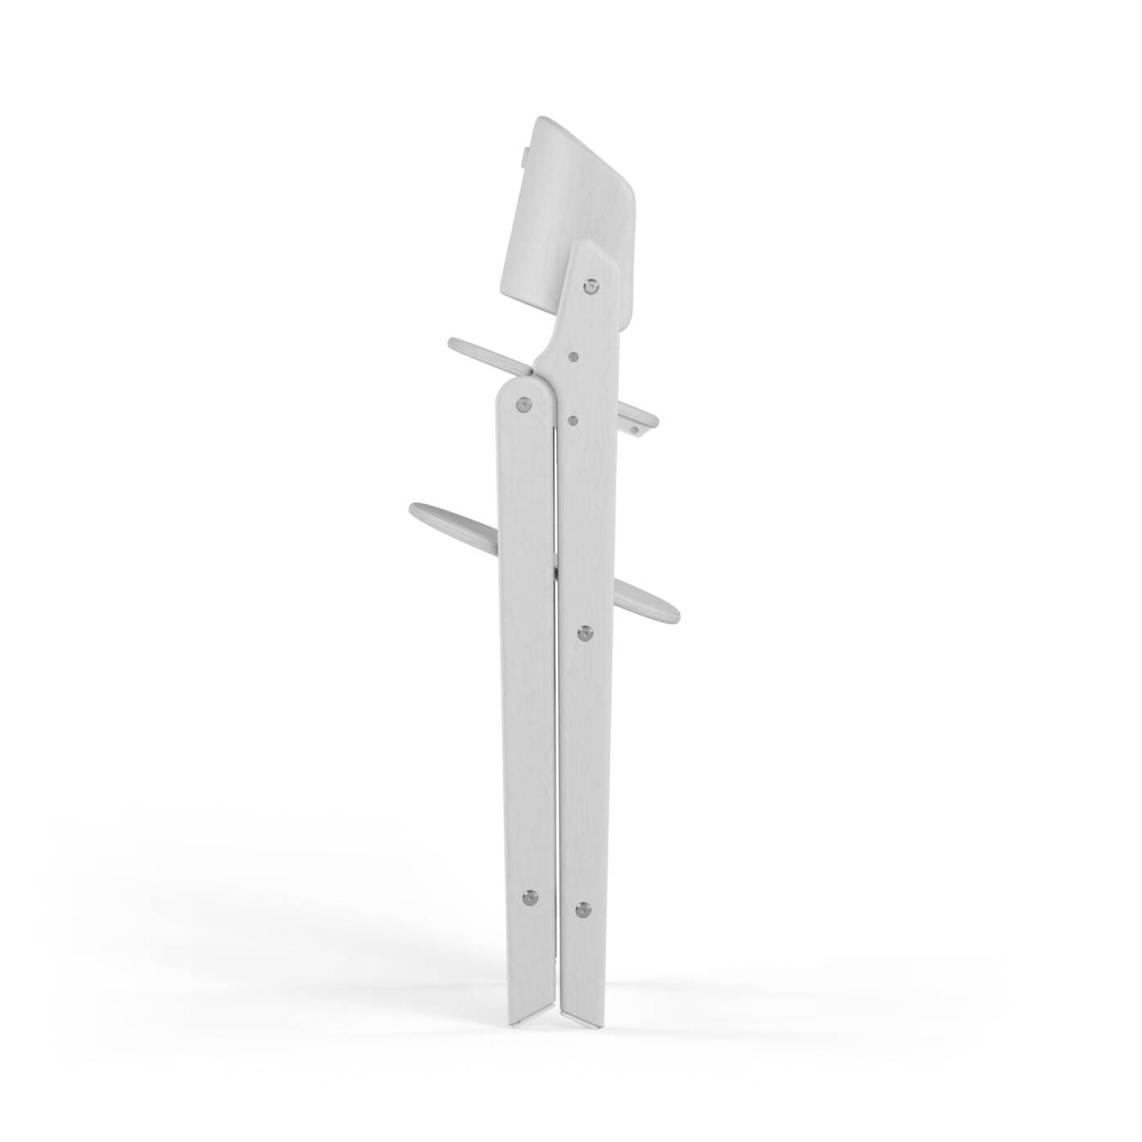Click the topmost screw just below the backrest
591,286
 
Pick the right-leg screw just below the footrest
585,632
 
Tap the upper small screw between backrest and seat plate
574,357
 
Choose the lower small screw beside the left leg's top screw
572,420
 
